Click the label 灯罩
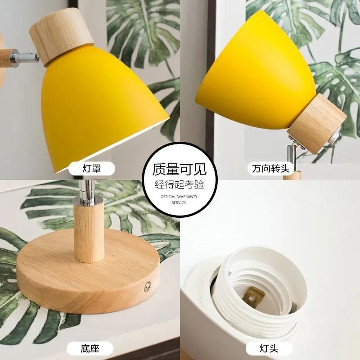pos(91,169)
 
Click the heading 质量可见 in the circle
pos(180,169)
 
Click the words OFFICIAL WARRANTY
pos(180,197)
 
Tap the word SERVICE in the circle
pos(180,202)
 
